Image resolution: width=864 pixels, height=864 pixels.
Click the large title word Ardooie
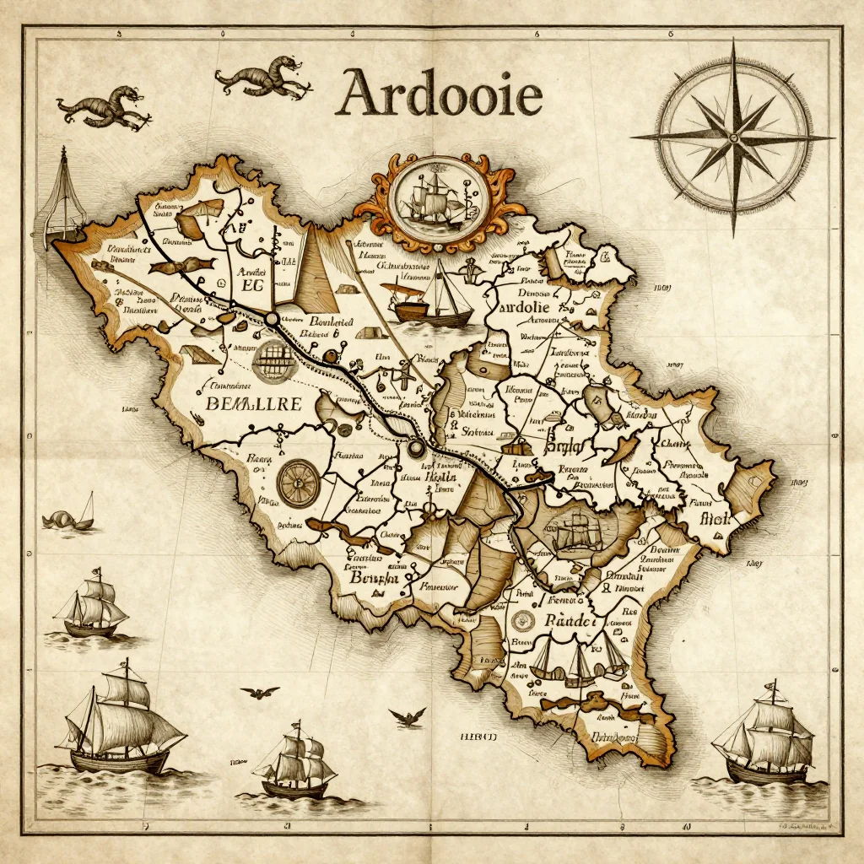438,94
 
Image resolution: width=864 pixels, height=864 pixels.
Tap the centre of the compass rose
732,137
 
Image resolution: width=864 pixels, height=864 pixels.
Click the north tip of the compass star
732,44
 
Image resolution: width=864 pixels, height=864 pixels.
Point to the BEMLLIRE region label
253,404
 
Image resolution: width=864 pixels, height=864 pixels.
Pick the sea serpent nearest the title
262,78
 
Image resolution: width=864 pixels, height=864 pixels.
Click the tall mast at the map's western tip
63,194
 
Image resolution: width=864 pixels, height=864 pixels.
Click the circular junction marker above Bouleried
272,319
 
